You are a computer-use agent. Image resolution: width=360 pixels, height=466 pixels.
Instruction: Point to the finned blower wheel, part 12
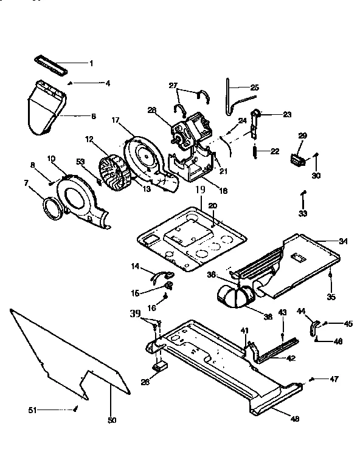click(x=114, y=172)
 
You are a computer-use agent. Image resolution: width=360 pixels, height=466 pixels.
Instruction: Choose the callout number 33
click(x=303, y=214)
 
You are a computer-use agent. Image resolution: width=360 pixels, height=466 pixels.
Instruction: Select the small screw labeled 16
click(x=164, y=296)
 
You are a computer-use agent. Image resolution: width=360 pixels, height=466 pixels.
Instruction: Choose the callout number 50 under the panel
click(x=111, y=420)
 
